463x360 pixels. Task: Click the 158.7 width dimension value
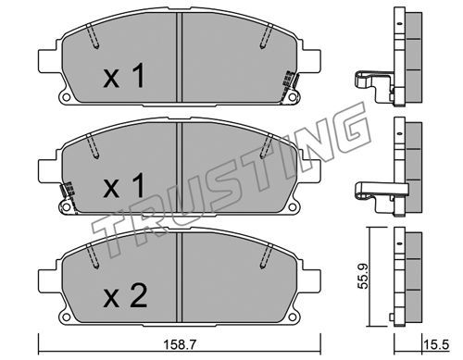tap(180, 344)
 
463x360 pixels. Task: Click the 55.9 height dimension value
tap(363, 276)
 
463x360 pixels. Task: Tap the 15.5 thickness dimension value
tap(436, 344)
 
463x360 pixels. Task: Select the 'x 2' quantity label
tap(125, 296)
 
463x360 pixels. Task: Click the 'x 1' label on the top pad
tap(124, 76)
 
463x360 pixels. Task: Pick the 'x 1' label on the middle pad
tap(124, 185)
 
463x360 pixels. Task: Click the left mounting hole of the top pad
tap(66, 97)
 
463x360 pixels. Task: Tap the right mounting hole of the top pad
tap(292, 97)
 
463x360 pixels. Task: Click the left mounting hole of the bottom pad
tap(66, 317)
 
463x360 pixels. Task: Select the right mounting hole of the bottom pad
tap(292, 317)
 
